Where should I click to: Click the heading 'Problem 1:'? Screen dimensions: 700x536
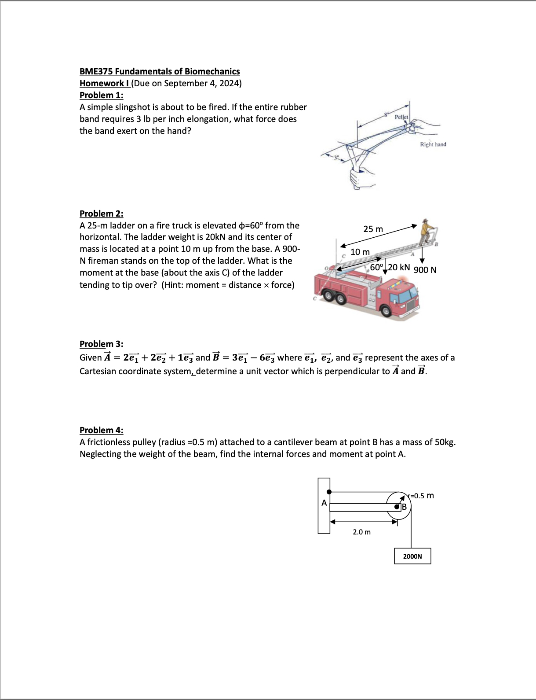101,95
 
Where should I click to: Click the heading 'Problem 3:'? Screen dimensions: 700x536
101,344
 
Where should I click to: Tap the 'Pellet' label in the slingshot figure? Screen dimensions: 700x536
401,117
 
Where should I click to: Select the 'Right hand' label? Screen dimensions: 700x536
433,144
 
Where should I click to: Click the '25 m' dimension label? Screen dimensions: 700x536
373,229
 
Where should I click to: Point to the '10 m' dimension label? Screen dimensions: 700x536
360,252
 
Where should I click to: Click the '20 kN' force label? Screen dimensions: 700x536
399,267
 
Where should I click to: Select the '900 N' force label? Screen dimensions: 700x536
425,270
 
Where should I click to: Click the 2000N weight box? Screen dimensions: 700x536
412,556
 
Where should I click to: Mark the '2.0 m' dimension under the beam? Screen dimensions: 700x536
361,532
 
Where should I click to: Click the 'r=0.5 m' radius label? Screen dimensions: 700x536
421,496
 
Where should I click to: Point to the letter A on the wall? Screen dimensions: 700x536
324,503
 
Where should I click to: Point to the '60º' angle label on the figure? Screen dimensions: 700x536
377,267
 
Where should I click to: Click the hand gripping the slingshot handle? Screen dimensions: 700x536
362,178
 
